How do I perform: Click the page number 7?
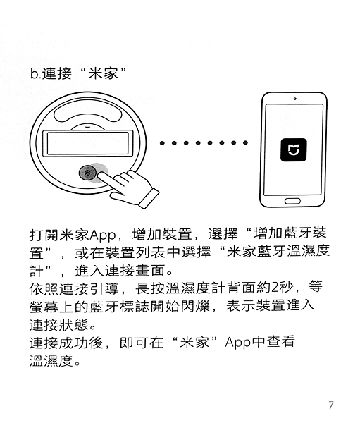pyautogui.click(x=331, y=405)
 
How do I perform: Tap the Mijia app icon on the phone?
pyautogui.click(x=294, y=150)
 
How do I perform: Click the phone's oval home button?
pyautogui.click(x=292, y=201)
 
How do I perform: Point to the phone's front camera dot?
pyautogui.click(x=295, y=99)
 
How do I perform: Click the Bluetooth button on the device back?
pyautogui.click(x=87, y=173)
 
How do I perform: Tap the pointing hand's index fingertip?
pyautogui.click(x=101, y=176)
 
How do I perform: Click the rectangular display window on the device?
pyautogui.click(x=88, y=143)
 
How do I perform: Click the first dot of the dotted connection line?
pyautogui.click(x=162, y=142)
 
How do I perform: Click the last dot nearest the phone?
pyautogui.click(x=245, y=142)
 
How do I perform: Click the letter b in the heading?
pyautogui.click(x=34, y=73)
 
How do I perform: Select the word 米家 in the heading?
pyautogui.click(x=104, y=73)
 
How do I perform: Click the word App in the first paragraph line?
pyautogui.click(x=102, y=235)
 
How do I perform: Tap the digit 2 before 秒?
pyautogui.click(x=275, y=288)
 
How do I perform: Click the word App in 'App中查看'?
pyautogui.click(x=238, y=343)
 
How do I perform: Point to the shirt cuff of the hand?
pyautogui.click(x=149, y=198)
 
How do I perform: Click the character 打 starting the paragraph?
pyautogui.click(x=37, y=235)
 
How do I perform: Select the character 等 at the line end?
pyautogui.click(x=316, y=287)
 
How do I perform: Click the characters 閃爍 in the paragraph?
pyautogui.click(x=195, y=306)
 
